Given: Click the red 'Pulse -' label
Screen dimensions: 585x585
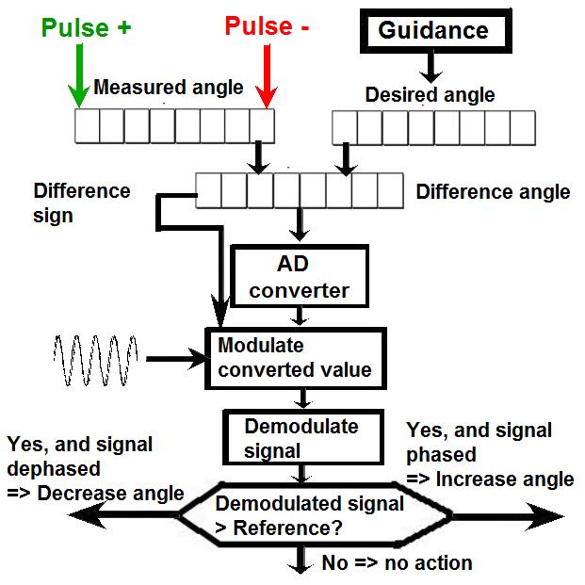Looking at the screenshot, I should [267, 26].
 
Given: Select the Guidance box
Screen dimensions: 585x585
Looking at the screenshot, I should [433, 31].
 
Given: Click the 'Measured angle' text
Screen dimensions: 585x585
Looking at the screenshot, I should [169, 89].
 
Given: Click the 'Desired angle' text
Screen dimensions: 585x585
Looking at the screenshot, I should [430, 95].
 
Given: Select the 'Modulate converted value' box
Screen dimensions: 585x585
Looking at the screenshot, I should [296, 357].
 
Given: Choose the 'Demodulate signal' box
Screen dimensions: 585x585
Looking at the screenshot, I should [301, 436].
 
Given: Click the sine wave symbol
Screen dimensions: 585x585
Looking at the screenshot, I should [95, 359].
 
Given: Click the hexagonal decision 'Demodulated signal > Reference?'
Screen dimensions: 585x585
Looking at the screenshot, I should [310, 516].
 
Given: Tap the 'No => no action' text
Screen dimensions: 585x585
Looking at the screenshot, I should [397, 563].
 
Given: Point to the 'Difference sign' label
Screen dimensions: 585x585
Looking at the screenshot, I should [81, 203].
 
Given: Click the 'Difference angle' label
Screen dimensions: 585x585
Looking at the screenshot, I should [493, 192].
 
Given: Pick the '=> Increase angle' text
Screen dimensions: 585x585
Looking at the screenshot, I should [490, 479].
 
